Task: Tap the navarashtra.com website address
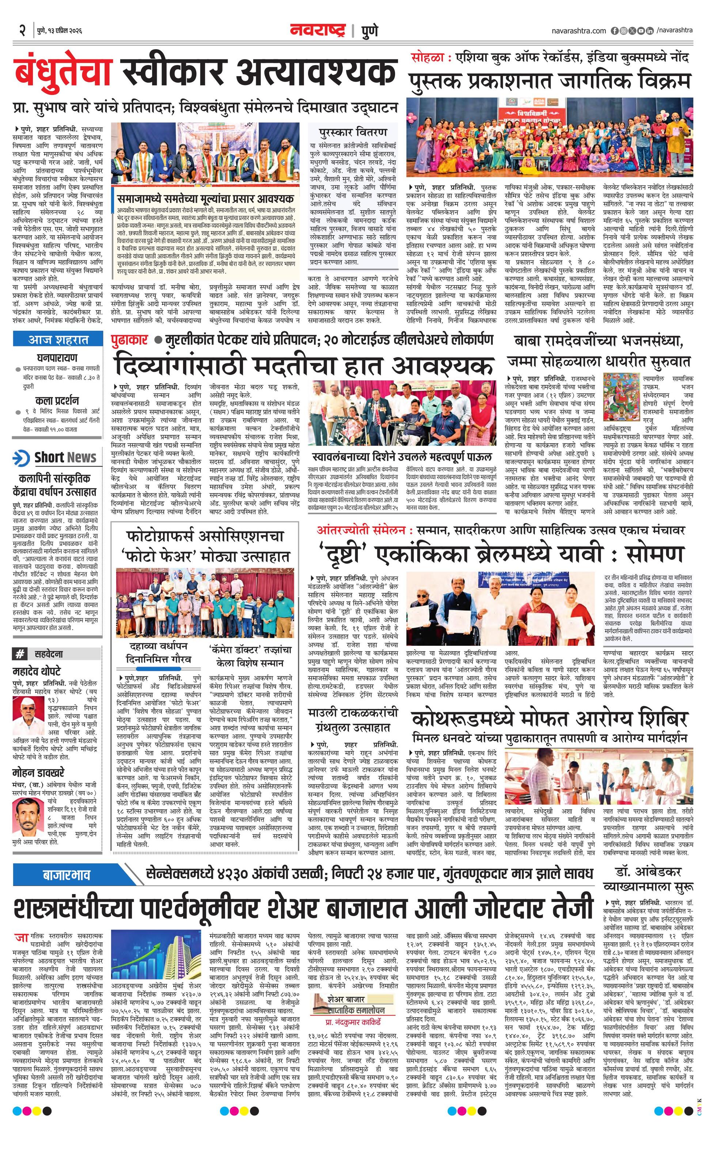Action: coord(579,31)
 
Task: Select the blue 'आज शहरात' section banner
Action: coord(58,339)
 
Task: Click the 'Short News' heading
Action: coord(65,457)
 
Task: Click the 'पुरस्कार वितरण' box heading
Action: coord(353,131)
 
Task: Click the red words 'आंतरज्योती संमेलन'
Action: coord(361,530)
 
